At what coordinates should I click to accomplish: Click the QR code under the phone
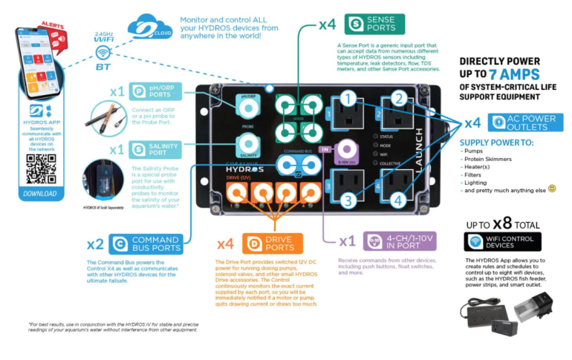tap(40, 168)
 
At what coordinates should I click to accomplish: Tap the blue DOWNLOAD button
tap(40, 194)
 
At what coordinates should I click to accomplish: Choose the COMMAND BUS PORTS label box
tap(146, 243)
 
